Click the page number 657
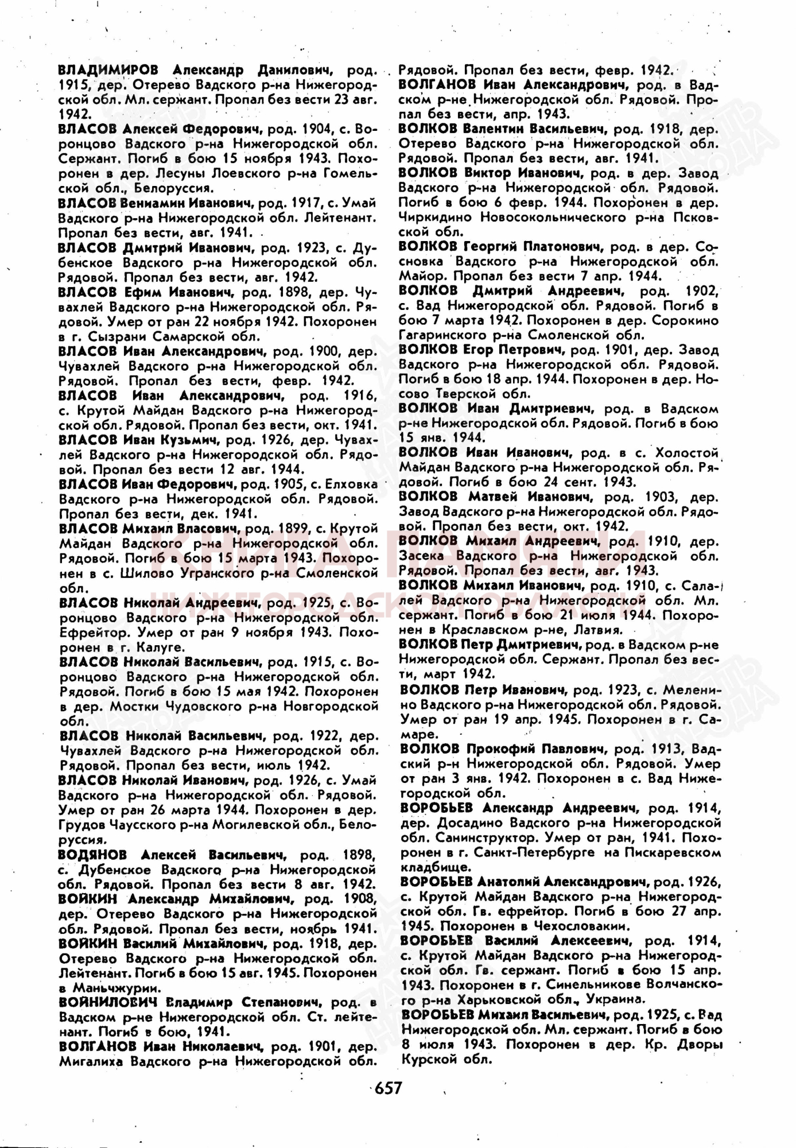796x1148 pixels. coord(388,1087)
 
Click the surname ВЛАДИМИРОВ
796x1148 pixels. coord(108,70)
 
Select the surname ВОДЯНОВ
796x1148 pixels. coord(92,855)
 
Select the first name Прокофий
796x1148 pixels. coord(496,748)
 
